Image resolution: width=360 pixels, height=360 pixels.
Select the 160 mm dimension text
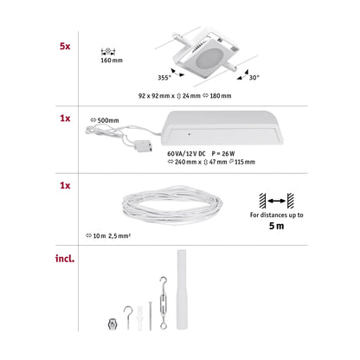coord(112,61)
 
